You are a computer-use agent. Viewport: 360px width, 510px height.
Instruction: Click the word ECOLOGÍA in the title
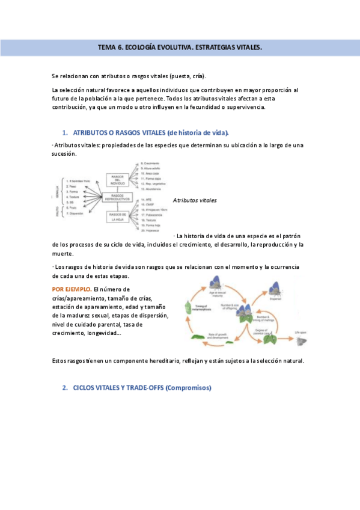click(x=144, y=47)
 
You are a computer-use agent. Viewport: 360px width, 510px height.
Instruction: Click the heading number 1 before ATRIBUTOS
click(x=65, y=132)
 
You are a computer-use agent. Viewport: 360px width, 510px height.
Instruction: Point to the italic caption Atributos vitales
click(x=194, y=200)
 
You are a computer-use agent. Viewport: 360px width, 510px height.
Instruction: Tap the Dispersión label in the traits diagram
click(x=76, y=214)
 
